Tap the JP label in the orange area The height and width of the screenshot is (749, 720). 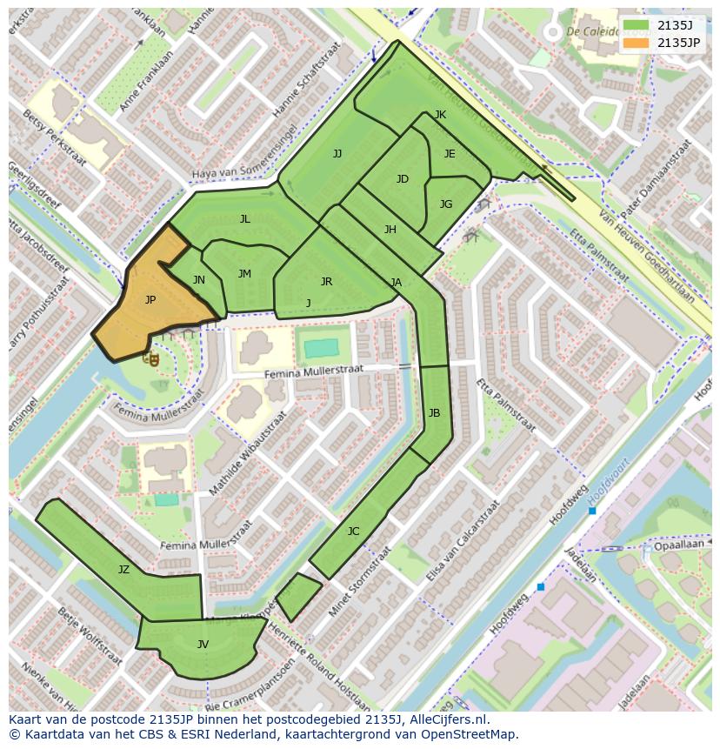click(150, 300)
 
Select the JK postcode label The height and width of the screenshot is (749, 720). click(440, 115)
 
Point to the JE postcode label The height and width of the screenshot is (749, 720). click(450, 154)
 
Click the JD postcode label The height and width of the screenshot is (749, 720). click(402, 179)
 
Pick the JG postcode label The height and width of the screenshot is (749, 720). click(446, 204)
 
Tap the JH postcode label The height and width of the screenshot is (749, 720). click(390, 230)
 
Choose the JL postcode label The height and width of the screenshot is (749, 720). click(245, 219)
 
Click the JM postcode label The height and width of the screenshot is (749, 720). click(244, 274)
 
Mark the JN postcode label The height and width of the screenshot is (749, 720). click(199, 280)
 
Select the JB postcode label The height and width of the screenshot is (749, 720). click(434, 412)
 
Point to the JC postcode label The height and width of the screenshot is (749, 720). click(353, 532)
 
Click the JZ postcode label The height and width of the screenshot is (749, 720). click(123, 570)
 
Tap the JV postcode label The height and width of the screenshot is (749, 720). click(203, 645)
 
